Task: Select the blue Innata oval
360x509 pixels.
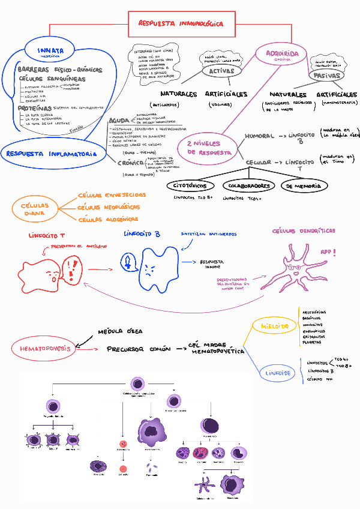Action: click(50, 52)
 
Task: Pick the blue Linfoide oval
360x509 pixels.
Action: click(278, 373)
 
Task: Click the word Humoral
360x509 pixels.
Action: click(259, 137)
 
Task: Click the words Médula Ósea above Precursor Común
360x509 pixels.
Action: click(120, 332)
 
